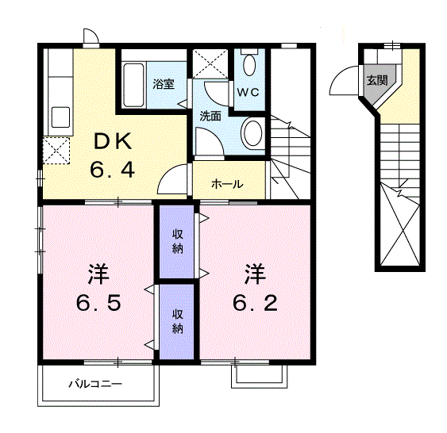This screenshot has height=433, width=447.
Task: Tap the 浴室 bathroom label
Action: coord(164,84)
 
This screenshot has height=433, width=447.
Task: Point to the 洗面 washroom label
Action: coord(210,115)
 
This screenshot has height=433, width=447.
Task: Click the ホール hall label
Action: coord(227,184)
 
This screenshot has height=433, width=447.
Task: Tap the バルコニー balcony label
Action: coord(94,384)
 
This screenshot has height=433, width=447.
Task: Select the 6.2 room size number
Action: coord(254,303)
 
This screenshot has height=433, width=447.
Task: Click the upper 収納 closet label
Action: coord(178,242)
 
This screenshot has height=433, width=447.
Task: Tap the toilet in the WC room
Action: coord(251,63)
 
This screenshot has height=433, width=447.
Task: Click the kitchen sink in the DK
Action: coord(60,117)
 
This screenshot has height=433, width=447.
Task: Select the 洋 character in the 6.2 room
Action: coord(254,275)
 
